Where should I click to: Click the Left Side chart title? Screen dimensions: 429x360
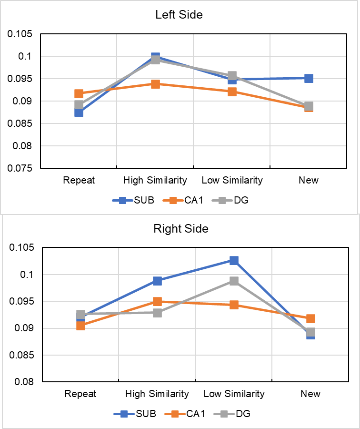click(x=179, y=15)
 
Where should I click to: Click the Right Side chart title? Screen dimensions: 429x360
click(x=181, y=229)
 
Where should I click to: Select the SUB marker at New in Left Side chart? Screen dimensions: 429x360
click(x=309, y=78)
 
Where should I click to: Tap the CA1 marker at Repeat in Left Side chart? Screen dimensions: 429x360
click(x=79, y=94)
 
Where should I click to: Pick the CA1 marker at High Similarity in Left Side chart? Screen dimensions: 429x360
click(x=155, y=84)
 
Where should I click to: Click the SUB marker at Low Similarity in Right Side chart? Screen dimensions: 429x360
click(x=234, y=260)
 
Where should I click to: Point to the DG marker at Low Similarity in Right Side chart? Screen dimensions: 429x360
click(x=234, y=281)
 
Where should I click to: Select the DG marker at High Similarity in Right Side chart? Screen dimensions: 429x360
click(x=157, y=313)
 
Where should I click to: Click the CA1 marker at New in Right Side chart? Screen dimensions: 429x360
click(x=310, y=318)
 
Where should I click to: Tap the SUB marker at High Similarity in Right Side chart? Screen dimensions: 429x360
click(x=157, y=281)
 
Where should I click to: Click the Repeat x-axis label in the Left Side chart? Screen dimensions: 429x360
click(x=79, y=180)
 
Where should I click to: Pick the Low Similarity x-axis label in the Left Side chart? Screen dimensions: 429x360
click(x=232, y=180)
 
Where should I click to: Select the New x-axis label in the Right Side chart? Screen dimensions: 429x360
click(x=310, y=394)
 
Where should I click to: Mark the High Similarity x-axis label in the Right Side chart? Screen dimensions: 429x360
click(x=157, y=394)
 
